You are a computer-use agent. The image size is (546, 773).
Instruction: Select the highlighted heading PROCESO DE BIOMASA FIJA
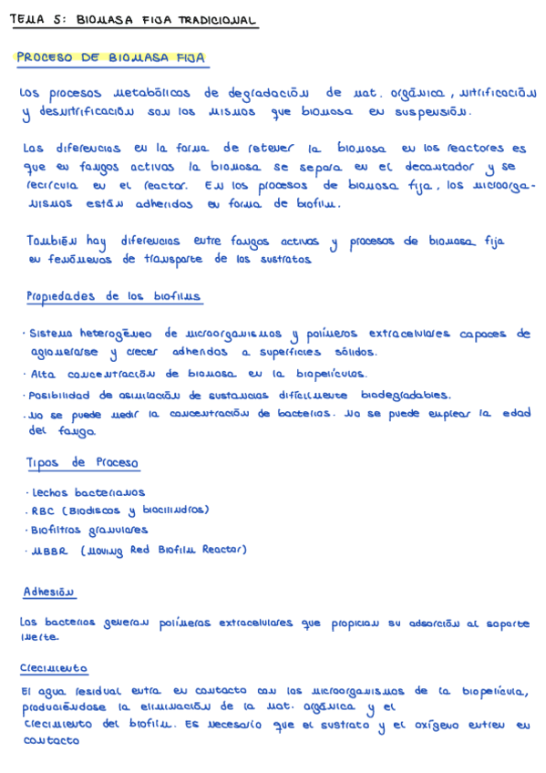pos(111,57)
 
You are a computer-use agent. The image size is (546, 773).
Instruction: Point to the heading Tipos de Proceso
pos(83,463)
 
